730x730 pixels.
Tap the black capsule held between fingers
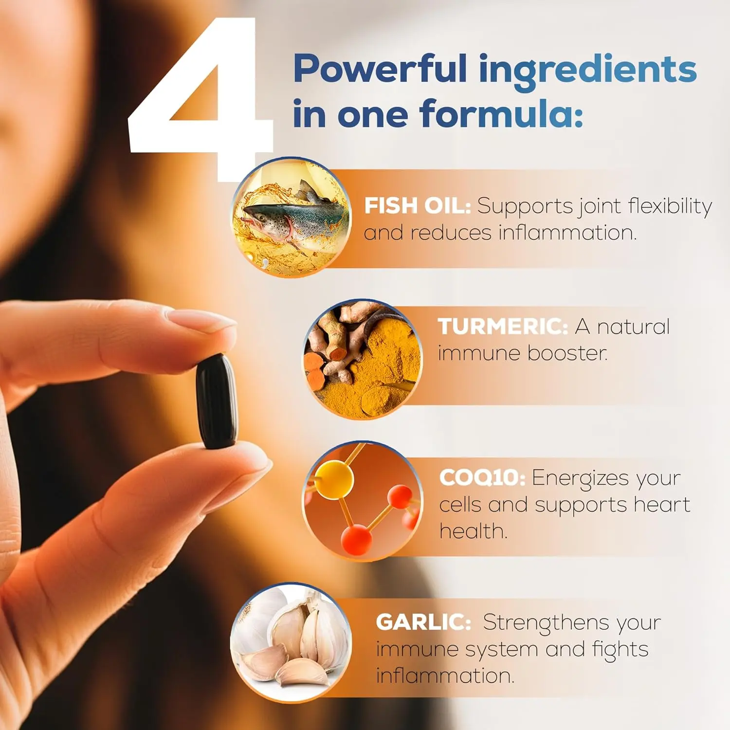[217, 401]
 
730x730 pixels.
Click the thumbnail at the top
[292, 217]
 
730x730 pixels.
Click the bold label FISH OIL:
[418, 206]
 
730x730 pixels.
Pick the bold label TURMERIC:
[503, 327]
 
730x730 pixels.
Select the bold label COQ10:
[482, 477]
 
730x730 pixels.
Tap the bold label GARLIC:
[423, 622]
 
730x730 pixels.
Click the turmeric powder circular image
[363, 360]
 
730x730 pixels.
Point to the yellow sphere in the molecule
[333, 480]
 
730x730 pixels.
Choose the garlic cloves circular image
[291, 642]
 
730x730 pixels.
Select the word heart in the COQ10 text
[662, 504]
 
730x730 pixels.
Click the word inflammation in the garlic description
[445, 675]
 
